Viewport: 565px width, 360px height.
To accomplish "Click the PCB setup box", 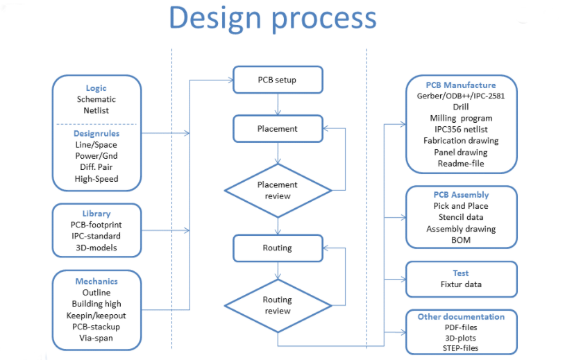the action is click(x=278, y=80).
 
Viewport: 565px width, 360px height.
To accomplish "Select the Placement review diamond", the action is click(x=278, y=191).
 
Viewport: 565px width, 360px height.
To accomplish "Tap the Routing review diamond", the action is click(x=278, y=306).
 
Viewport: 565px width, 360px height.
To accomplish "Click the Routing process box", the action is click(x=278, y=248).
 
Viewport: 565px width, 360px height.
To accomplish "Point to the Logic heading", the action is click(x=96, y=88).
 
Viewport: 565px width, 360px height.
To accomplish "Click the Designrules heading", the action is click(x=96, y=134).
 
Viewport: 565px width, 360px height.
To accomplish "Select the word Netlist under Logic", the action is click(x=96, y=110).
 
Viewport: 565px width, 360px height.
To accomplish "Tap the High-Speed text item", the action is click(x=96, y=179).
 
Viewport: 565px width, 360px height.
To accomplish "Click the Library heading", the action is click(x=96, y=214).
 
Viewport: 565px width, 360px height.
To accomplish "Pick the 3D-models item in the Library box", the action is click(x=96, y=248).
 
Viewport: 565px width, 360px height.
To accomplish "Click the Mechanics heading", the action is click(x=96, y=281).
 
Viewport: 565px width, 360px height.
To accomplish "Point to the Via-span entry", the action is click(x=96, y=338).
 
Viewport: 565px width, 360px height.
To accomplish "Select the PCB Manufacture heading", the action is click(x=461, y=85).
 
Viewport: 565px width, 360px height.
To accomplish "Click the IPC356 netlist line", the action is click(x=461, y=129).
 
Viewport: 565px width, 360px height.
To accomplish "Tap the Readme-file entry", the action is click(x=461, y=164).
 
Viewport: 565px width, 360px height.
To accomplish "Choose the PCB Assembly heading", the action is click(x=461, y=195).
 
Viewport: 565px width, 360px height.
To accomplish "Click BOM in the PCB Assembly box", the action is click(x=461, y=240).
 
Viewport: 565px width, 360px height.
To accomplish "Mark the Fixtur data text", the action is click(x=461, y=284).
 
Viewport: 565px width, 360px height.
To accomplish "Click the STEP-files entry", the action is click(x=460, y=348).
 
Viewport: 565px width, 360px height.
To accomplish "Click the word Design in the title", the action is click(x=215, y=18).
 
